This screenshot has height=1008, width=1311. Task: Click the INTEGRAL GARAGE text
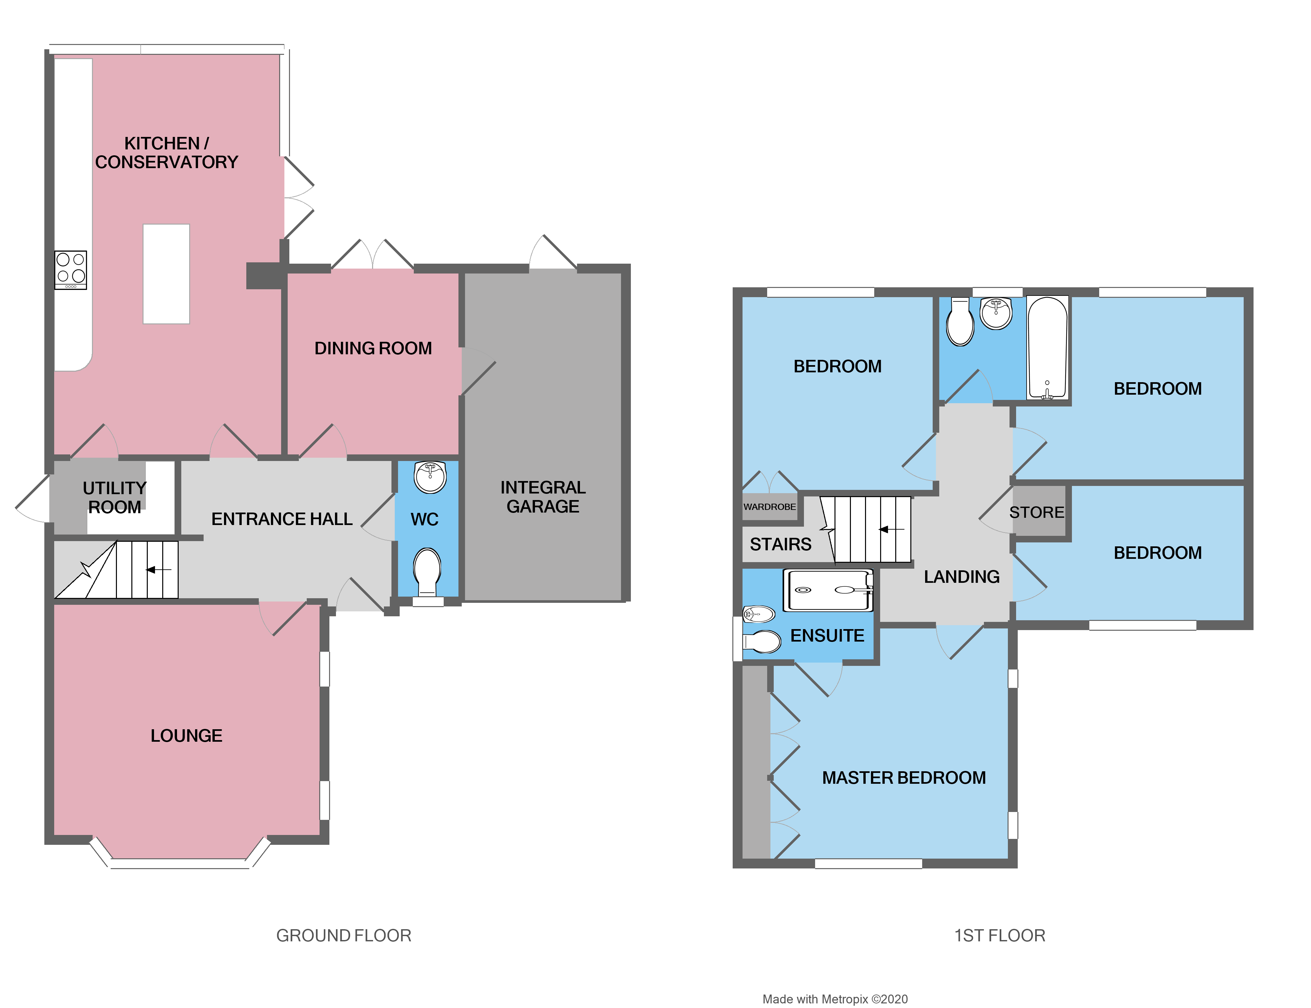(543, 497)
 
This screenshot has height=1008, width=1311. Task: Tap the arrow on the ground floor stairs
(159, 569)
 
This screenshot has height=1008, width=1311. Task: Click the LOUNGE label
(186, 735)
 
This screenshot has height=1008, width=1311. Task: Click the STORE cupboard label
(1036, 513)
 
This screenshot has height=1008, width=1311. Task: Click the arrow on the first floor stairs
(892, 529)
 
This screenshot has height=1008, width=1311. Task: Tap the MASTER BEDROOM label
(903, 778)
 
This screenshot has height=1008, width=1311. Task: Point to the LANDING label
(961, 577)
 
